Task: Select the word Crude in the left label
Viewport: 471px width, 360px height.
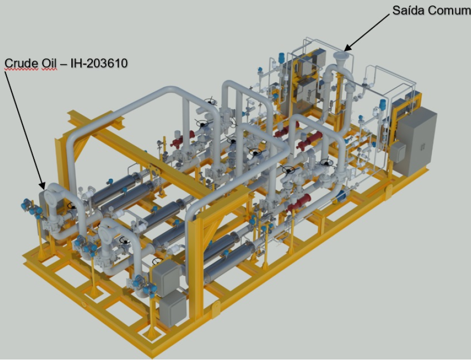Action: (21, 63)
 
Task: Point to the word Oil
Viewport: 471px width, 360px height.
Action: (49, 63)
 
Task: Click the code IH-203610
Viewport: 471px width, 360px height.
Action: (99, 63)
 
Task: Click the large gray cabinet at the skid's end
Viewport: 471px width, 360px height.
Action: (417, 142)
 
